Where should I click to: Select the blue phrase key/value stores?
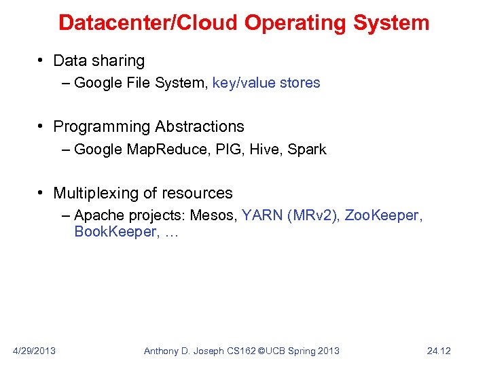(x=266, y=83)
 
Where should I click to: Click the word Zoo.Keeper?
(x=382, y=215)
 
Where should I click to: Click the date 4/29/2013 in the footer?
(x=35, y=351)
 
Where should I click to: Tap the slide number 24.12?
(x=439, y=351)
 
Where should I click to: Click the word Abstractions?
(x=200, y=126)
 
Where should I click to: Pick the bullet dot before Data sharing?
(x=41, y=61)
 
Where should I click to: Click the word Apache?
(x=97, y=215)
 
